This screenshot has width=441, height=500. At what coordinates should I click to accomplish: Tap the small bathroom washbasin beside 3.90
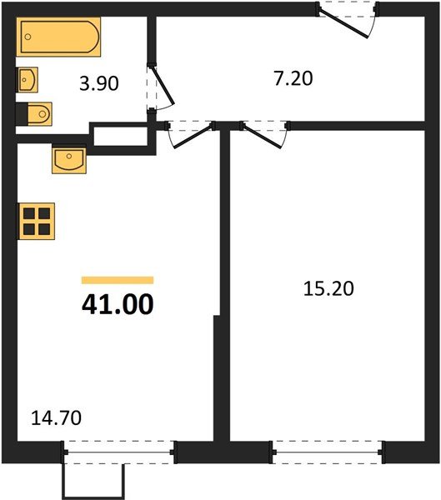pyautogui.click(x=28, y=81)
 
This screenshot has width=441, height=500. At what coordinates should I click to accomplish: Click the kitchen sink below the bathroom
pyautogui.click(x=69, y=159)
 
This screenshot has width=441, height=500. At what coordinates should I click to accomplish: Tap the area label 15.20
pyautogui.click(x=330, y=289)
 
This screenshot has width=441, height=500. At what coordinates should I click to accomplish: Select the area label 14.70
pyautogui.click(x=58, y=416)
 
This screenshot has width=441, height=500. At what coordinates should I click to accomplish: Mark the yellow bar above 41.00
pyautogui.click(x=118, y=281)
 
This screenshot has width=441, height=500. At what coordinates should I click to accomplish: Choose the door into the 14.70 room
pyautogui.click(x=191, y=136)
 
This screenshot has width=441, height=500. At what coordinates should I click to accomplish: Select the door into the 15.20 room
pyautogui.click(x=264, y=136)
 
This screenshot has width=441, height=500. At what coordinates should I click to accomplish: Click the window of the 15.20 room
pyautogui.click(x=328, y=453)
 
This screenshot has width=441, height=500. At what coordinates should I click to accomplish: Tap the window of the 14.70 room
pyautogui.click(x=119, y=453)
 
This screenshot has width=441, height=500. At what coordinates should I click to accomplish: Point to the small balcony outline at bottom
pyautogui.click(x=93, y=481)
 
